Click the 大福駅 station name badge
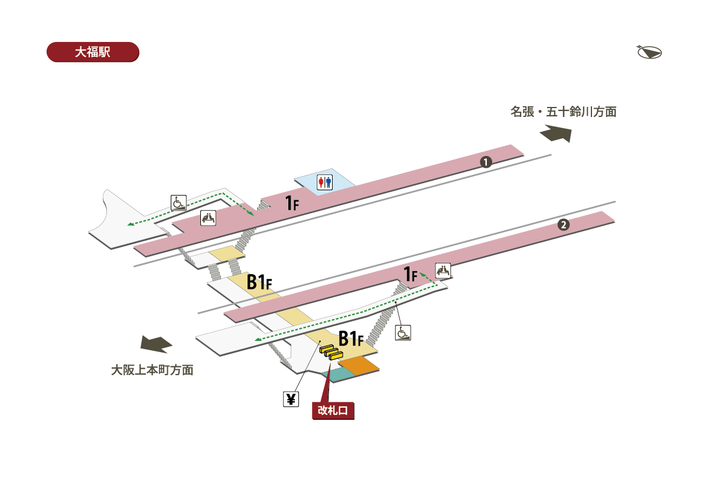click(93, 52)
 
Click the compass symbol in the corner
click(649, 52)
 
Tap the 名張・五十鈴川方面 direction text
click(563, 112)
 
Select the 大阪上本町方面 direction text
click(152, 370)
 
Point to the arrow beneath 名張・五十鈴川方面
click(556, 134)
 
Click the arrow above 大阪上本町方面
click(156, 344)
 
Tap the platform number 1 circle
click(486, 162)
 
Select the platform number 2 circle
click(564, 225)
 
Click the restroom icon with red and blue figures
click(325, 183)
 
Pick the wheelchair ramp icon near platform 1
click(178, 203)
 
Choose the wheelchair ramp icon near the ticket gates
click(403, 333)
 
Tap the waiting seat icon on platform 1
click(208, 218)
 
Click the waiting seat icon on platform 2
click(443, 271)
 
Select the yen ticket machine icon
click(291, 399)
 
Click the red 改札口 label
click(333, 411)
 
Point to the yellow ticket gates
click(331, 352)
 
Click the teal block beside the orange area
click(339, 374)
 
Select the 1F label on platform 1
click(292, 203)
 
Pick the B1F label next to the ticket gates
click(351, 339)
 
